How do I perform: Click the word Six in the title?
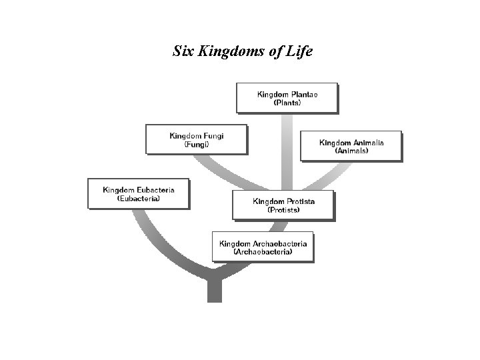(182, 51)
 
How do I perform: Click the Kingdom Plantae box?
(287, 97)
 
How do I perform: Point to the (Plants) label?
(287, 103)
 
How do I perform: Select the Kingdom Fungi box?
(196, 139)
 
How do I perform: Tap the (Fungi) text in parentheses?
(197, 144)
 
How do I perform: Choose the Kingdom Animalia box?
(351, 145)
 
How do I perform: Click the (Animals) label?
(351, 151)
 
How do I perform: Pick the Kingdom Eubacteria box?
(138, 193)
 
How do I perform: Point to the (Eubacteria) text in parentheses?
(138, 198)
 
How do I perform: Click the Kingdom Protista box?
(283, 205)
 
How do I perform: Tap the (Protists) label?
(283, 209)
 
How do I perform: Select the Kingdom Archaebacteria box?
(263, 247)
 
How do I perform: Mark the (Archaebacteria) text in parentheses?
(263, 252)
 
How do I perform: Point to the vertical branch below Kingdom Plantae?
(287, 150)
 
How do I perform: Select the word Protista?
(301, 201)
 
